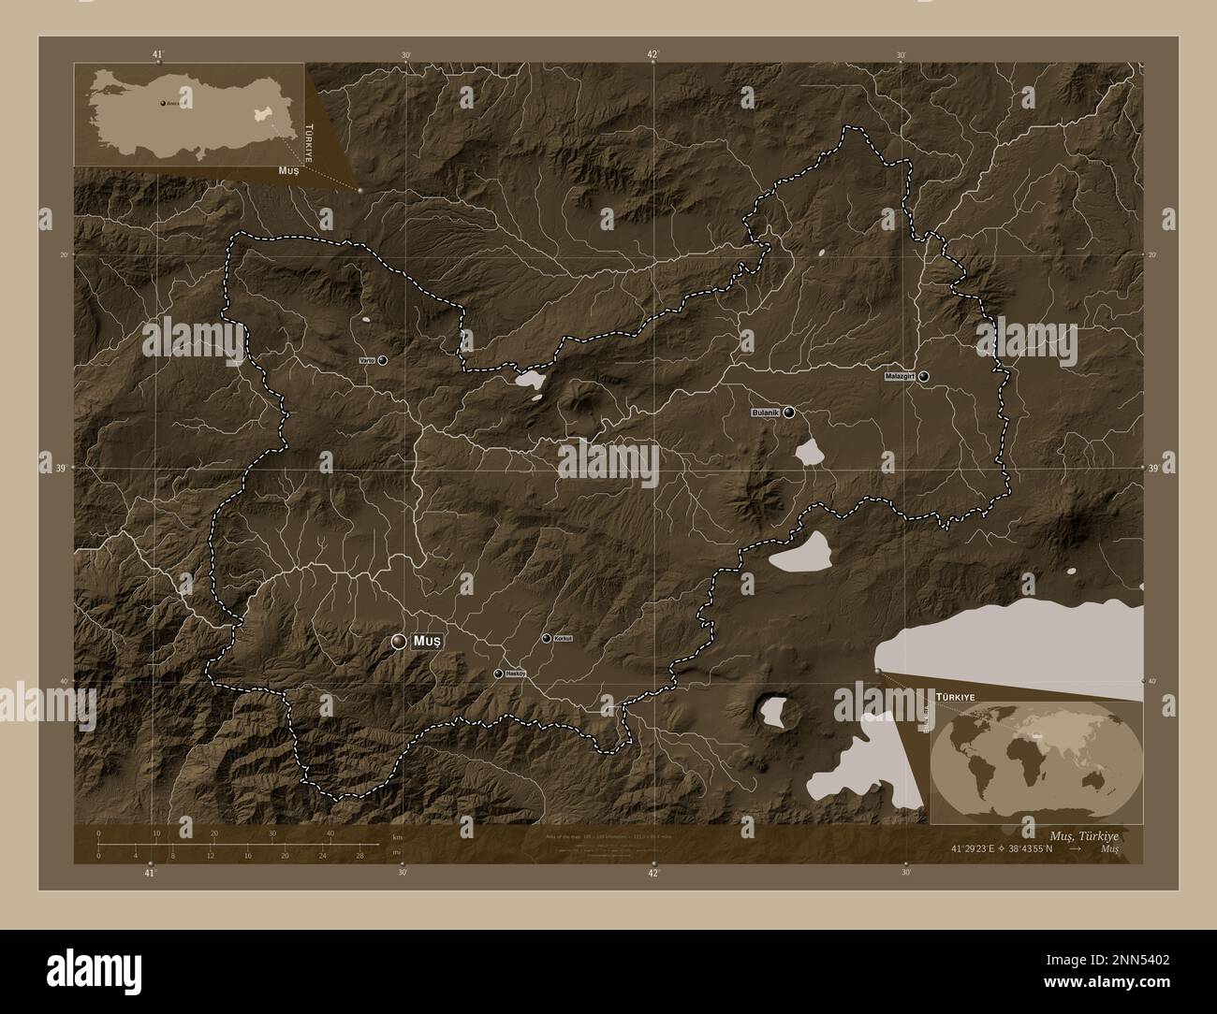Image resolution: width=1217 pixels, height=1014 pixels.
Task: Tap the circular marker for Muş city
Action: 400,641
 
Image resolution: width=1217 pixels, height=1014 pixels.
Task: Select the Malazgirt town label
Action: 899,377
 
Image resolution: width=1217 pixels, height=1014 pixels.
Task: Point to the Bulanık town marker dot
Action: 789,412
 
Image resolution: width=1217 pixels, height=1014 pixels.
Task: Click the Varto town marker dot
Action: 382,360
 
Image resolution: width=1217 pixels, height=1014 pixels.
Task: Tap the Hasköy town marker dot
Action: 498,674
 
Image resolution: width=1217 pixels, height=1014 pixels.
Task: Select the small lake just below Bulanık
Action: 808,453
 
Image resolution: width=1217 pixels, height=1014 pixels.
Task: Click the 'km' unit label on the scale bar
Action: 397,836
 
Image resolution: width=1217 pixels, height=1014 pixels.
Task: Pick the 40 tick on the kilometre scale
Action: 330,833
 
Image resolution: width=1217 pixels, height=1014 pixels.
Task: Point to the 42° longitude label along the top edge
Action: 653,54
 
